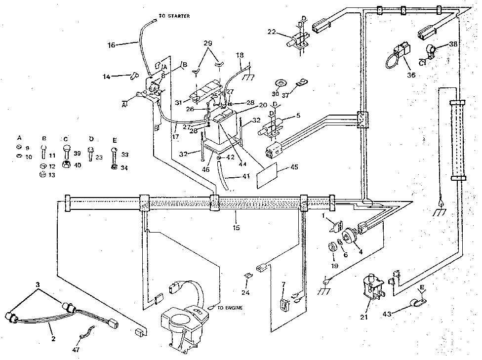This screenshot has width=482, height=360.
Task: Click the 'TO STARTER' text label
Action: click(x=173, y=16)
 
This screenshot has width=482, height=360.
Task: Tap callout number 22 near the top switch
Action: click(x=271, y=32)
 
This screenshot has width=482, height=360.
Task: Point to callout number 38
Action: click(x=453, y=43)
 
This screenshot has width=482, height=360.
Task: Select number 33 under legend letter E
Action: click(x=125, y=154)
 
